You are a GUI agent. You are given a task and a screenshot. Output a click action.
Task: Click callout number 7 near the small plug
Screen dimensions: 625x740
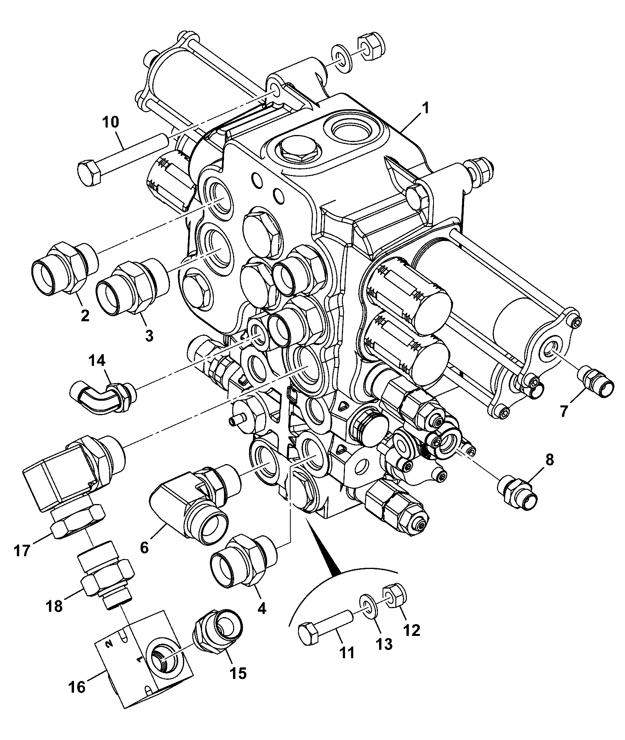click(563, 411)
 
